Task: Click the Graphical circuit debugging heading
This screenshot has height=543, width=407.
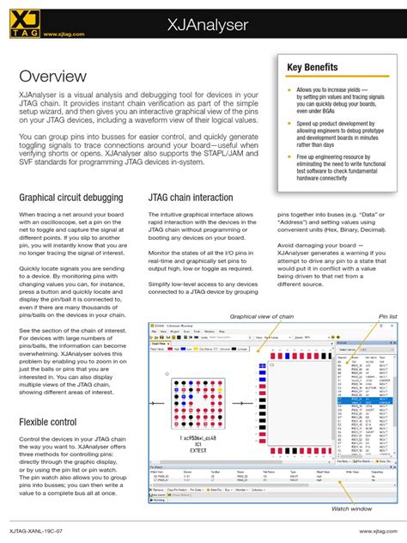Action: tap(72, 198)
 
